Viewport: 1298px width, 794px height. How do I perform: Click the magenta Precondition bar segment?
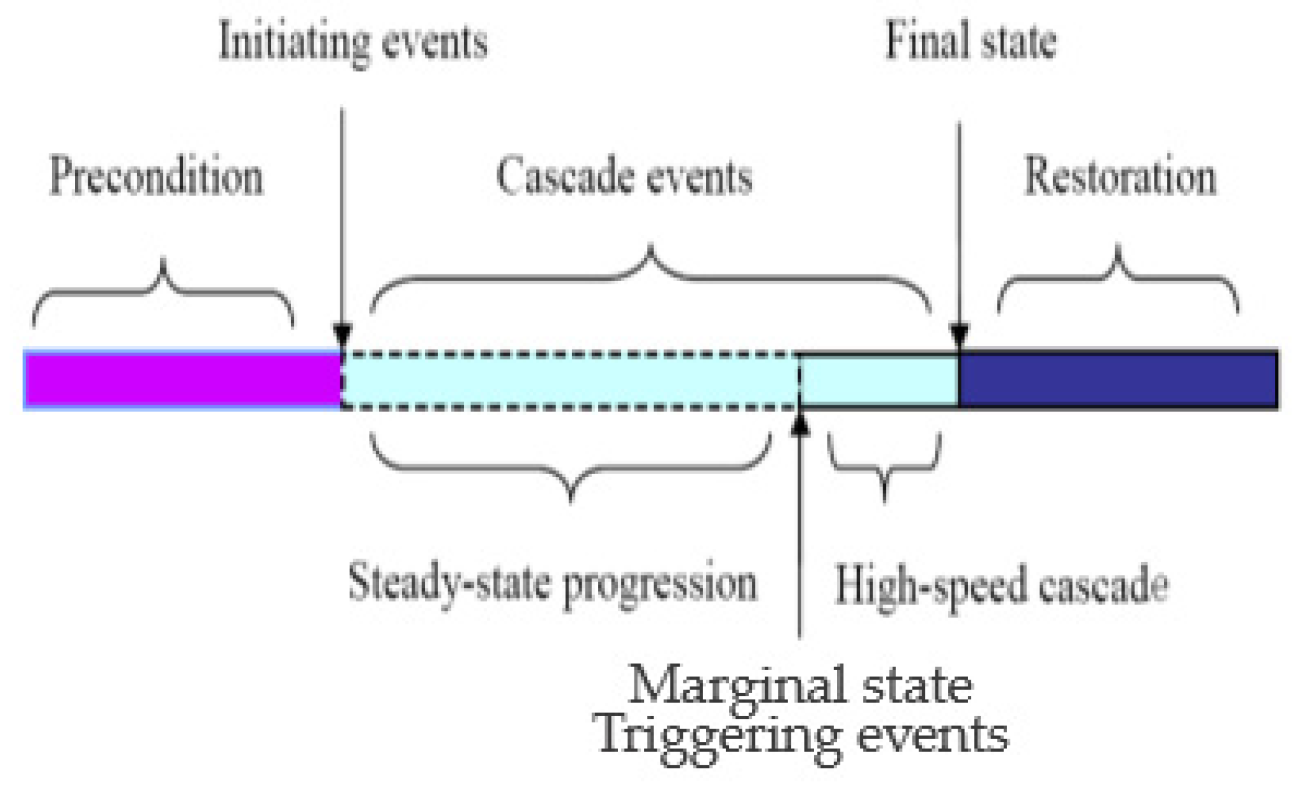coord(183,380)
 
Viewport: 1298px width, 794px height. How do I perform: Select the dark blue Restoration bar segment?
coord(1118,380)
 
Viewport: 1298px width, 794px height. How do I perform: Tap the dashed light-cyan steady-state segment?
coord(569,380)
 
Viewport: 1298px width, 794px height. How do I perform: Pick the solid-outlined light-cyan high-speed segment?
coord(879,380)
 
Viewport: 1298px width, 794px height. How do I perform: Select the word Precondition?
coord(156,176)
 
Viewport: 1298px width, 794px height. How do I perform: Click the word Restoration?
coord(1120,176)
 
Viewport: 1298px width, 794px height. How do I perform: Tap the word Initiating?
coord(293,42)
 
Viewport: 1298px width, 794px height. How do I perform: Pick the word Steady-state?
coord(448,583)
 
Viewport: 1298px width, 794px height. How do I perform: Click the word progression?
coord(660,586)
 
